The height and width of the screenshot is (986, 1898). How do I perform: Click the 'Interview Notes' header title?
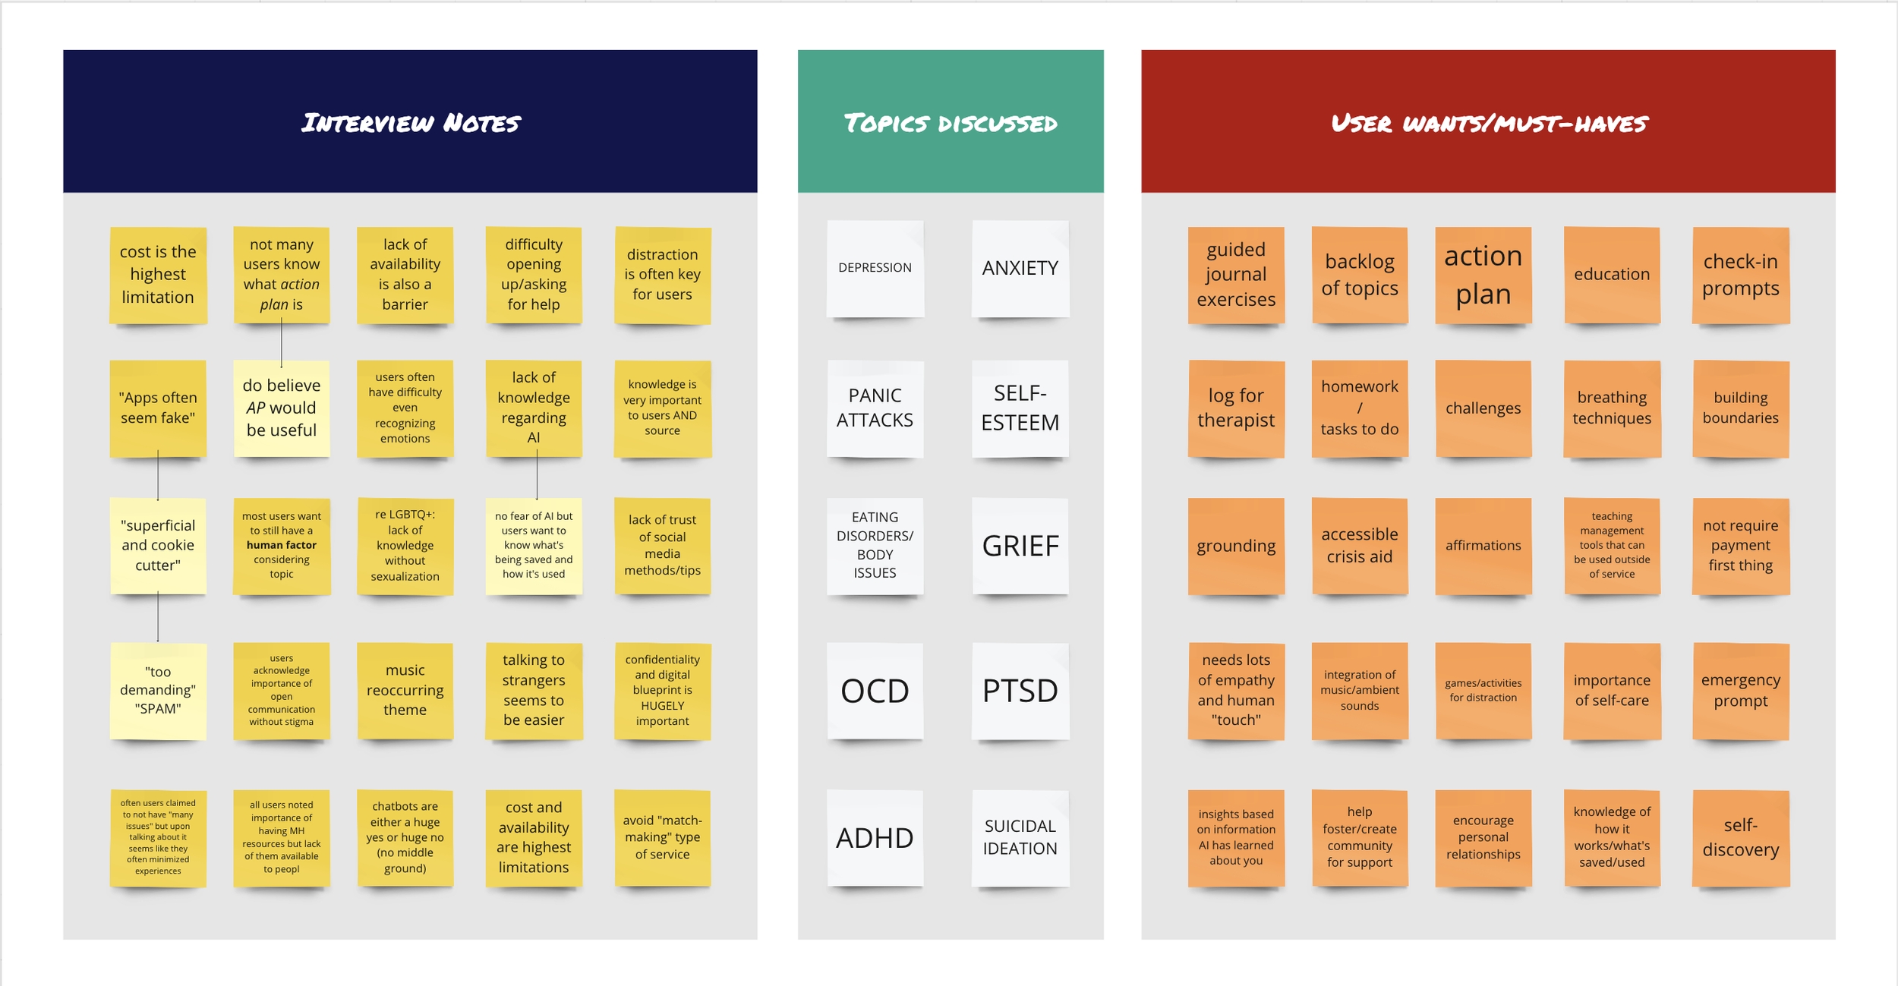click(410, 122)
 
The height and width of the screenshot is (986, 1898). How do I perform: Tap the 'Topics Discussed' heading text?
click(950, 123)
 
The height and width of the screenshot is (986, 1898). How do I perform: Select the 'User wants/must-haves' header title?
click(1488, 123)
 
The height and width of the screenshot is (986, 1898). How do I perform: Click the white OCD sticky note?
click(875, 691)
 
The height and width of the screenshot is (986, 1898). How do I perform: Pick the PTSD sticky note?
click(1020, 691)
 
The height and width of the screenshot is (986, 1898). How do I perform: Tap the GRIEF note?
click(1020, 545)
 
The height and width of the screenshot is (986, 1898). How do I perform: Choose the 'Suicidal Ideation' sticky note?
click(1020, 837)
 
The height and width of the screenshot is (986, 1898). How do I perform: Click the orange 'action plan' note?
click(1483, 275)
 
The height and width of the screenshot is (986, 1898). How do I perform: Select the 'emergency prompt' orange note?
click(1740, 691)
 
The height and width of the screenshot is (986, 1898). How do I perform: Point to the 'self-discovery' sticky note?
click(1740, 837)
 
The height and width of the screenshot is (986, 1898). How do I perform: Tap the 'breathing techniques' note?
click(1611, 408)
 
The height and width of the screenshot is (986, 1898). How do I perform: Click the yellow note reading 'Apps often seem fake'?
click(158, 408)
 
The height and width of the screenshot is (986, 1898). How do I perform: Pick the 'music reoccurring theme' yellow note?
click(405, 691)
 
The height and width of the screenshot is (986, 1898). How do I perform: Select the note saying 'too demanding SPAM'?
click(158, 691)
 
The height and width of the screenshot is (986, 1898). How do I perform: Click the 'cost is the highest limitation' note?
click(158, 275)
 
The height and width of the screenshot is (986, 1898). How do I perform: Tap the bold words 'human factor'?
click(281, 545)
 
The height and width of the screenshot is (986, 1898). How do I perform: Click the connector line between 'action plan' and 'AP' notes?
click(281, 342)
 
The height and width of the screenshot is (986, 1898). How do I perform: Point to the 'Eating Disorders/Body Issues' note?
click(875, 545)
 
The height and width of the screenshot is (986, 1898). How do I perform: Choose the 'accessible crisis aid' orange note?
click(1359, 545)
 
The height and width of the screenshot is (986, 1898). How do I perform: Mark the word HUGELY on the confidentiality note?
click(662, 706)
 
